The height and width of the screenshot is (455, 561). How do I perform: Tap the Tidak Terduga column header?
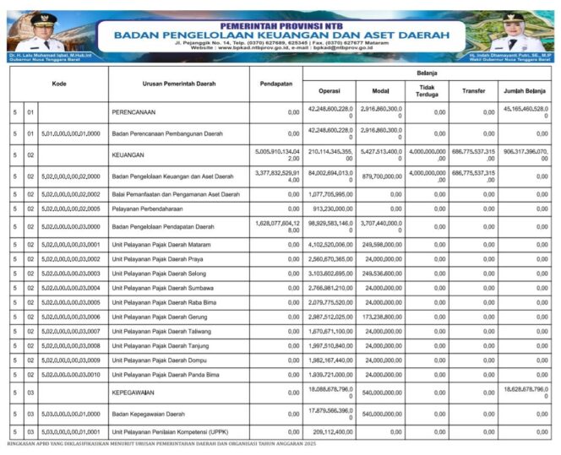point(428,90)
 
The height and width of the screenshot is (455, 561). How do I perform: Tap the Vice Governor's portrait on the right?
point(515,32)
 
